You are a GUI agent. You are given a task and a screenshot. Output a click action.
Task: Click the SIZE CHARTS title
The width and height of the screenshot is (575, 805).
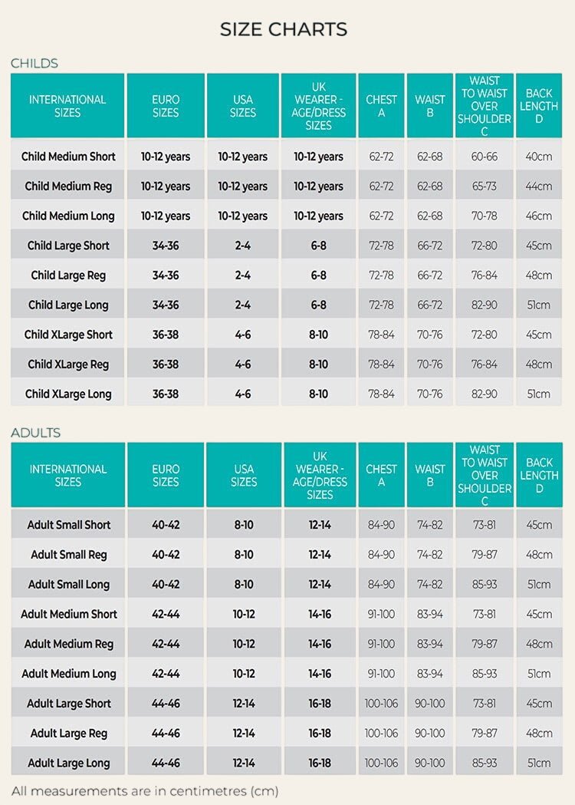click(x=284, y=29)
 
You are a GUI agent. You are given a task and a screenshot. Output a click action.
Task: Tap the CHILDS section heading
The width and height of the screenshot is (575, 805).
click(x=34, y=63)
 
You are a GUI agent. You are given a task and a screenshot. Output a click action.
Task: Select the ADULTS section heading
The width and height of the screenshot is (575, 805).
click(x=35, y=433)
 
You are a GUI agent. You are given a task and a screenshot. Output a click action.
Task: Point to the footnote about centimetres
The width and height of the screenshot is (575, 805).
click(x=145, y=791)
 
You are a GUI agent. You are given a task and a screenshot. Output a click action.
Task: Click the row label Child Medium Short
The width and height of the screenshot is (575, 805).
click(x=68, y=157)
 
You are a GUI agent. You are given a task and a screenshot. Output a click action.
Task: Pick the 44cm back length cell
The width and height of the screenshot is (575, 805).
click(x=538, y=186)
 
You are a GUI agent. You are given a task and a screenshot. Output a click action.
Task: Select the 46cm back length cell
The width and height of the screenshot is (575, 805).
click(x=538, y=216)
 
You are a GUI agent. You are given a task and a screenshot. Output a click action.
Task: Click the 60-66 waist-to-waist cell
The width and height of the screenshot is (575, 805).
click(x=485, y=157)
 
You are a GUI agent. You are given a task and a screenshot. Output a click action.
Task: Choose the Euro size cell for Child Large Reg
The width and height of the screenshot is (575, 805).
click(x=166, y=275)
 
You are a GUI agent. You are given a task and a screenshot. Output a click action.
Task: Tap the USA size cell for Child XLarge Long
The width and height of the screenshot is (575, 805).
click(x=242, y=394)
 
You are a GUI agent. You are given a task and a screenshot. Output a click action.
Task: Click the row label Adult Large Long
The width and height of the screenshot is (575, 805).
click(x=69, y=763)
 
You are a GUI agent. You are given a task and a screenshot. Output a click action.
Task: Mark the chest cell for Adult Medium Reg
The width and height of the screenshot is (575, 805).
click(x=381, y=644)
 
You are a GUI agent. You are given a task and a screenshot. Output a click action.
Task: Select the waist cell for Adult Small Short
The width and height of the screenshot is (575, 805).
click(x=430, y=525)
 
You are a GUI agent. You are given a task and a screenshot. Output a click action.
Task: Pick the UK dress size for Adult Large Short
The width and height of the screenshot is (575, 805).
click(x=320, y=704)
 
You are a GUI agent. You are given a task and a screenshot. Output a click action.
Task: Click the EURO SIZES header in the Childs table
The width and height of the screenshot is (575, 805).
click(x=166, y=106)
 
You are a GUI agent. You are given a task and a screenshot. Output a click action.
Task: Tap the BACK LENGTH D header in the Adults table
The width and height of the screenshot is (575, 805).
click(x=539, y=475)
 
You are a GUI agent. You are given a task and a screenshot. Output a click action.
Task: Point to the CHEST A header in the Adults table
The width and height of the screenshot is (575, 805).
click(x=381, y=475)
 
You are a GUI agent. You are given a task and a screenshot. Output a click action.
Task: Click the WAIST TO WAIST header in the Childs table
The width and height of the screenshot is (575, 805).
click(x=485, y=106)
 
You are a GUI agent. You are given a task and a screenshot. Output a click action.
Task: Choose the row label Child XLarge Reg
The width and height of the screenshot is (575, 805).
click(x=68, y=365)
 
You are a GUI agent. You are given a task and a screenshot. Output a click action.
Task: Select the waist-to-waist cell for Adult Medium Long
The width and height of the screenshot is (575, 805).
click(x=485, y=674)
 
